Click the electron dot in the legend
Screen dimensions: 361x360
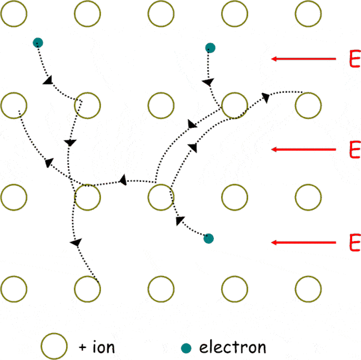click(x=186, y=348)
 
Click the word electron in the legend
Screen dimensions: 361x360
click(x=233, y=347)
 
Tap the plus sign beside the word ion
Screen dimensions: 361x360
click(x=82, y=347)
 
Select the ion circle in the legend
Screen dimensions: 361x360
click(x=54, y=333)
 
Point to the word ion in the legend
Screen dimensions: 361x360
click(x=103, y=346)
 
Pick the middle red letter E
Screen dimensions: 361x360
click(x=355, y=149)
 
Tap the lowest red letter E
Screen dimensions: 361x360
click(x=355, y=242)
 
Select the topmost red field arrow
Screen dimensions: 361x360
click(x=303, y=59)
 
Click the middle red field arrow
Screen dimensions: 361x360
click(x=303, y=149)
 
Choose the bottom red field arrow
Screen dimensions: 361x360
click(x=303, y=242)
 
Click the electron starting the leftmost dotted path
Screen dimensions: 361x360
click(x=38, y=43)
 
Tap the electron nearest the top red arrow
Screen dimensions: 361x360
click(x=210, y=48)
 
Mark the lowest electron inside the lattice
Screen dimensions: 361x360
click(x=208, y=239)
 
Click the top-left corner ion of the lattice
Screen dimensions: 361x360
click(x=14, y=1)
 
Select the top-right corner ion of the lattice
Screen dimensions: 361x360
click(x=308, y=1)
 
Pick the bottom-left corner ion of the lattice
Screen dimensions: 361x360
click(x=14, y=276)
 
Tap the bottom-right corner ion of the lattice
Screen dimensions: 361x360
click(x=308, y=276)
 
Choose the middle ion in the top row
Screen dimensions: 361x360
click(x=161, y=1)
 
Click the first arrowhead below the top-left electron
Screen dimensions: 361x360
click(x=48, y=80)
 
